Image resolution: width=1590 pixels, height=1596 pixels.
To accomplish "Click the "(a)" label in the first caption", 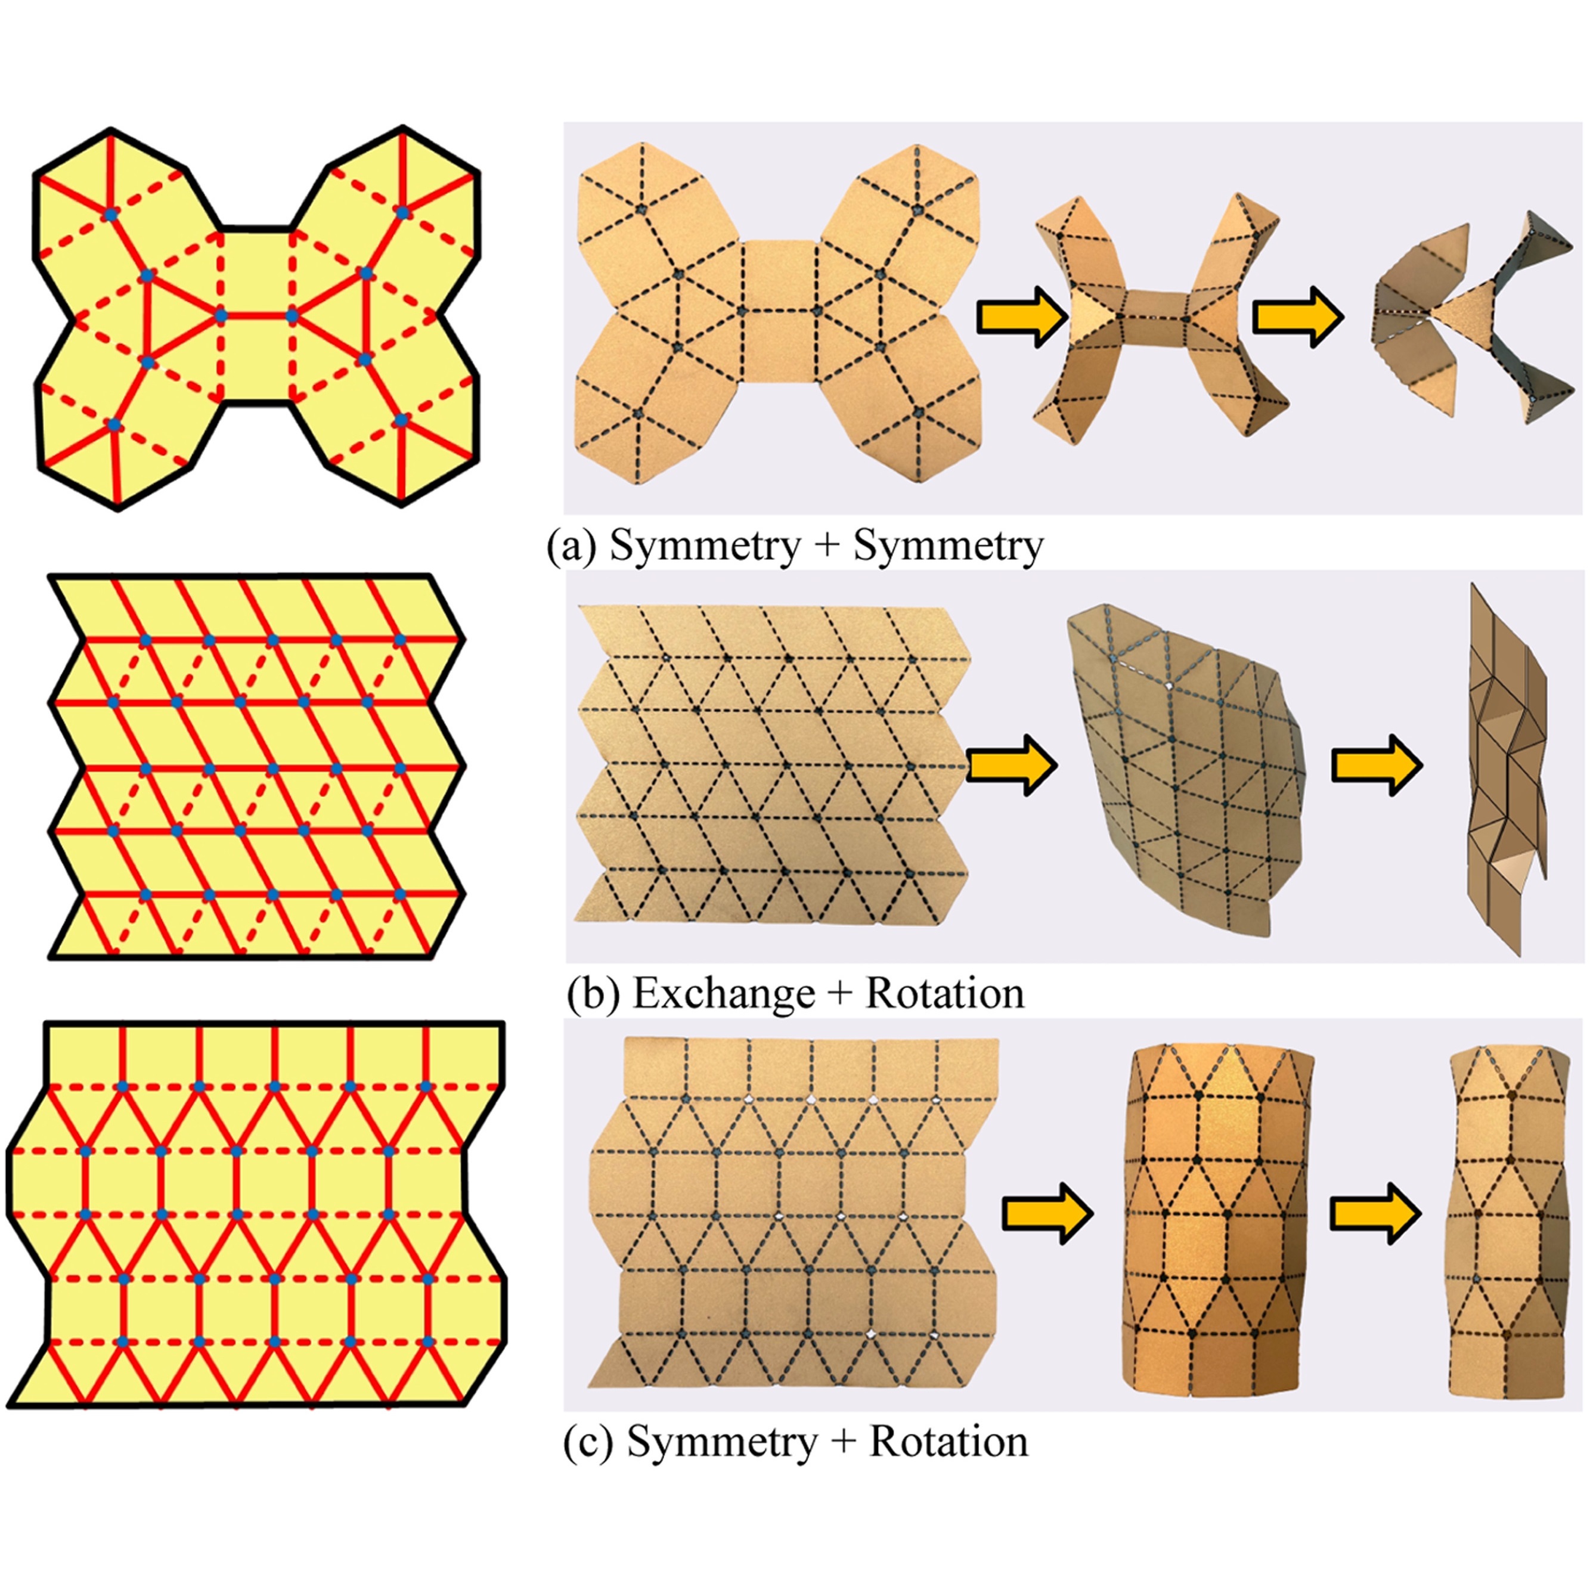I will pos(571,547).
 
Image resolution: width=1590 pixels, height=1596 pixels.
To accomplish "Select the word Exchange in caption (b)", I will pos(724,994).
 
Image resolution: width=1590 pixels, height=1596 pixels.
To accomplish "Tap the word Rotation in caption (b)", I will pos(944,994).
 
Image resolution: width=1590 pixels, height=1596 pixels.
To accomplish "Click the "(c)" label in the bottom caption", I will pos(588,1442).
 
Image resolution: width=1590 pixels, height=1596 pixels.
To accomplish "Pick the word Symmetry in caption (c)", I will pos(722,1442).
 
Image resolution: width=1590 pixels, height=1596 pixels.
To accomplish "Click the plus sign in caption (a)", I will pos(827,547).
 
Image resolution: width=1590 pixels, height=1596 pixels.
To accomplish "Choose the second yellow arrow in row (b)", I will pos(1376,765).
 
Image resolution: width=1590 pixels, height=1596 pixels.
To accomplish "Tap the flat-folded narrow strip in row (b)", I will pos(1505,768).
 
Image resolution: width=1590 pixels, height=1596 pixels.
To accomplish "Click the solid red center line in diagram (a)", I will pos(256,315).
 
